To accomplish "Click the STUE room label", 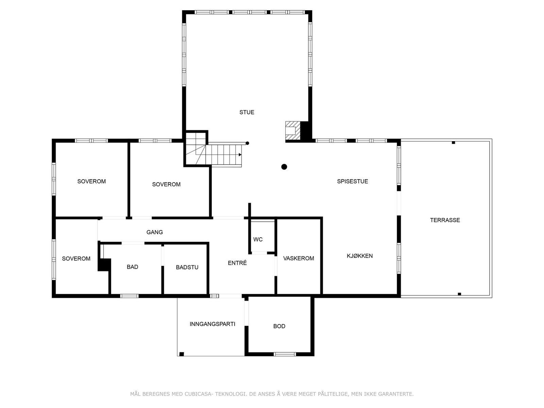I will [247, 112].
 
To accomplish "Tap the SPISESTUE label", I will [352, 181].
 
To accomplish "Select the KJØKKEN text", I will [359, 256].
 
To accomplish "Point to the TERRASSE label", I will [445, 220].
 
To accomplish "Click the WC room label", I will [258, 239].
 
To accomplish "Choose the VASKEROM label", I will [299, 258].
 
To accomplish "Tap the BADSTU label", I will [187, 267].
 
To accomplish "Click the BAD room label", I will [132, 267].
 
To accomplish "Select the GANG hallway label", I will [154, 232].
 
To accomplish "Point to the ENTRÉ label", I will [237, 263].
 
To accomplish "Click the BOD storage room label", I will [279, 326].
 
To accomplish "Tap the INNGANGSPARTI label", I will [212, 324].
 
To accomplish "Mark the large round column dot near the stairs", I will [284, 167].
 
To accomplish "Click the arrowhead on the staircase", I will [240, 155].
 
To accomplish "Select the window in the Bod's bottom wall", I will [285, 354].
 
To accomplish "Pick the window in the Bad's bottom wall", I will [130, 296].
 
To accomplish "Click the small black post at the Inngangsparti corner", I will [182, 354].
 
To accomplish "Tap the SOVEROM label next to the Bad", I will [76, 258].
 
